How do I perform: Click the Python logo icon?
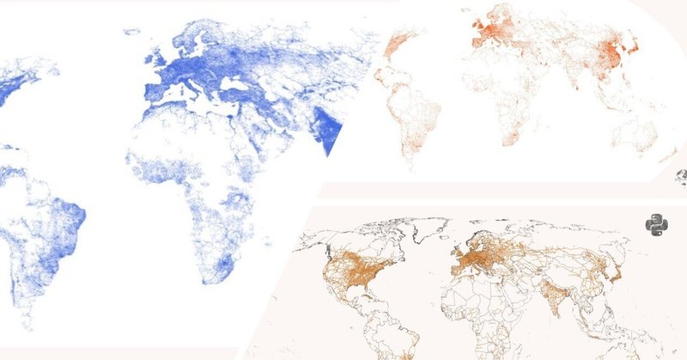pos(657,228)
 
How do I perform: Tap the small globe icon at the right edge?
pos(681,178)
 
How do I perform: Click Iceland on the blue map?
pos(131,33)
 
